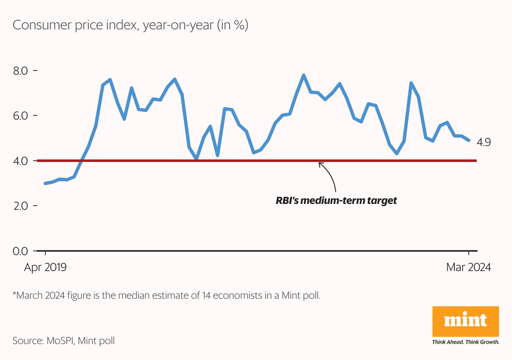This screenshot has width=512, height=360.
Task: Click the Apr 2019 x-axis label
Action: click(x=45, y=268)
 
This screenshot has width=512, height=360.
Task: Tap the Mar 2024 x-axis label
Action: click(x=468, y=268)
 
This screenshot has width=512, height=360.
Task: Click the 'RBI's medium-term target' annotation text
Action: click(x=336, y=201)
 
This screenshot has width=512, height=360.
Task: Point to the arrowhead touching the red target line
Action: click(x=320, y=164)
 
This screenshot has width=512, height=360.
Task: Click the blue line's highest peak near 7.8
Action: click(x=303, y=75)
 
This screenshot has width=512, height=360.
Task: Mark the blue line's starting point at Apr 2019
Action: click(x=45, y=183)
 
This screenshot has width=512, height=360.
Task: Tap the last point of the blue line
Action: click(x=469, y=140)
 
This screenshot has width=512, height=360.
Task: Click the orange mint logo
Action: click(x=465, y=321)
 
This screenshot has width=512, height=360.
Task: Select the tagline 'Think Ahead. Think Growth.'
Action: click(x=465, y=342)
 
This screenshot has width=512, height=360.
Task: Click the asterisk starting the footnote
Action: click(x=14, y=295)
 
